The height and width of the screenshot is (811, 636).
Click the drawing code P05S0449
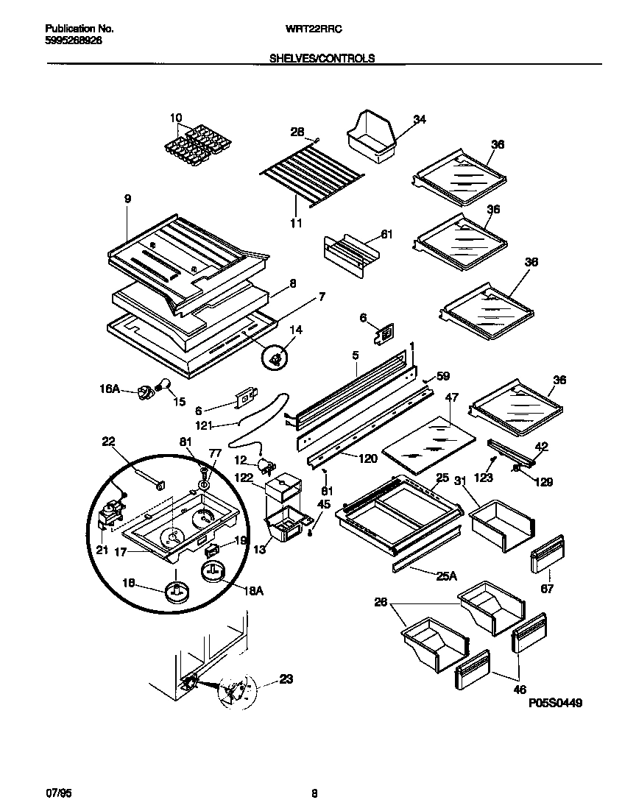556,704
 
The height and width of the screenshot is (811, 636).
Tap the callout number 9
127,198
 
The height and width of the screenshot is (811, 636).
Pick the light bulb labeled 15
163,383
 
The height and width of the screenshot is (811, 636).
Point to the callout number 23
286,679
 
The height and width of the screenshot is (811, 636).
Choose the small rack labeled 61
349,255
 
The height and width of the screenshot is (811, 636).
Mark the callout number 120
367,458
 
